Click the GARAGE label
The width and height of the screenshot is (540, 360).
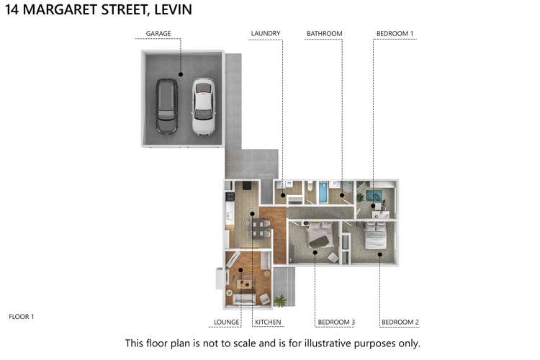(158, 34)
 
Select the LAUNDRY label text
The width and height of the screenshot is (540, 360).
(265, 34)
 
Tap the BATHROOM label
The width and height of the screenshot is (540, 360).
(324, 34)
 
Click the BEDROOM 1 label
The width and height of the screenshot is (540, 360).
(395, 34)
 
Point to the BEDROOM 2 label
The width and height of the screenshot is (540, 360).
(400, 322)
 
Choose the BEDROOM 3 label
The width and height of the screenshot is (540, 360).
(336, 322)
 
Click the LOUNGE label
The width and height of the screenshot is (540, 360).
(226, 322)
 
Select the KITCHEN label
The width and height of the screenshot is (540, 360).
(267, 322)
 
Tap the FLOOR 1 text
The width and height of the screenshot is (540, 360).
(22, 316)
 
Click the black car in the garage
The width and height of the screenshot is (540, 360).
(166, 105)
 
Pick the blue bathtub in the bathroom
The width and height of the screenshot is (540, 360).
(324, 194)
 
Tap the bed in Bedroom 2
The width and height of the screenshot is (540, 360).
(374, 235)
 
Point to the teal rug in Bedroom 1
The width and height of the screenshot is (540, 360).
(374, 195)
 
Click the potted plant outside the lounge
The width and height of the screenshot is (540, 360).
(279, 300)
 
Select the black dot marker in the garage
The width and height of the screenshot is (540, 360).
(180, 74)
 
